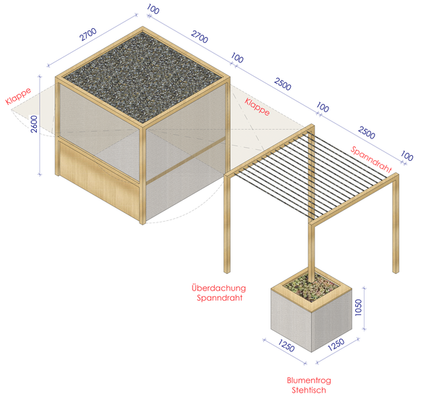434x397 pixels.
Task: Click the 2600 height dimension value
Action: [x=34, y=124]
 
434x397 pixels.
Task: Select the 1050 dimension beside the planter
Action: [x=358, y=307]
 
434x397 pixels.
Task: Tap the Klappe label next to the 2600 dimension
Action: [x=18, y=96]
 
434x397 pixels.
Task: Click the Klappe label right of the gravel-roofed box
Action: [x=257, y=106]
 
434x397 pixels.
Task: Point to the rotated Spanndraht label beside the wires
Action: [x=371, y=159]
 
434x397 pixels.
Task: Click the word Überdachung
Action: [x=218, y=288]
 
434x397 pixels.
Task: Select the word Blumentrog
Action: [x=309, y=380]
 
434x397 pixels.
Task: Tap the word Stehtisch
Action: [x=309, y=390]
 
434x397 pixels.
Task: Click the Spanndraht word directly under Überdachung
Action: [x=219, y=298]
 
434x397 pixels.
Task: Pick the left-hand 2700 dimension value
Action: [x=88, y=34]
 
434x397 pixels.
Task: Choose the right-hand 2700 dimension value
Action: [x=200, y=37]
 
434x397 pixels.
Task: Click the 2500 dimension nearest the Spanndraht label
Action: [x=367, y=133]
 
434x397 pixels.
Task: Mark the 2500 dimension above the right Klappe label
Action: [x=283, y=84]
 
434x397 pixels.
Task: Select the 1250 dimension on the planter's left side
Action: [x=286, y=345]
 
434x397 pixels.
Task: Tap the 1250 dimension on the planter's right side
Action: [x=336, y=344]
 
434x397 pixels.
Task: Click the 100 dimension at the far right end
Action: [x=407, y=156]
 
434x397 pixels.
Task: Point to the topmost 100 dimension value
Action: [x=153, y=9]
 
